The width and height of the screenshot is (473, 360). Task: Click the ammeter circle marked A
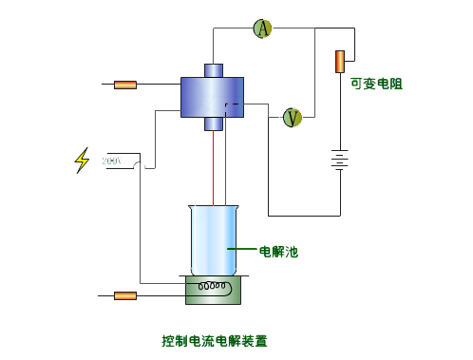(262, 29)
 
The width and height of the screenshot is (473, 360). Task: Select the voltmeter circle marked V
(293, 117)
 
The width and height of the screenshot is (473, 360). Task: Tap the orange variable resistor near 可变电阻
(339, 61)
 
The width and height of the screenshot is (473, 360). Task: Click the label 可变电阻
(376, 84)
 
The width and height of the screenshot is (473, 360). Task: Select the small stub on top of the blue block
(213, 69)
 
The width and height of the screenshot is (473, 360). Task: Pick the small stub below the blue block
(213, 123)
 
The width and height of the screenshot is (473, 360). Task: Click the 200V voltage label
(112, 161)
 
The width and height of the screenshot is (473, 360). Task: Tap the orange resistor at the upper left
(124, 85)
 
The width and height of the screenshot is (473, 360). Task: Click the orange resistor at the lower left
(124, 295)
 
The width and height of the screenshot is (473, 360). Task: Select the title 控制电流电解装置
(215, 340)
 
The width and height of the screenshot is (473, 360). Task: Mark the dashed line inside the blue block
(232, 104)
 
